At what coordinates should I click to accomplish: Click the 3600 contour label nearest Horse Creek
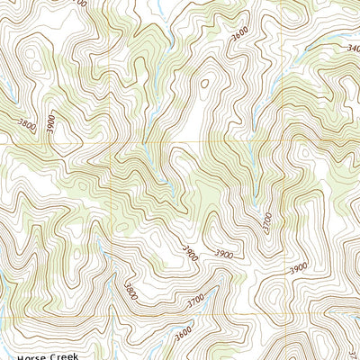tap(184, 332)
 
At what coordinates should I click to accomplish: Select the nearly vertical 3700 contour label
tap(265, 220)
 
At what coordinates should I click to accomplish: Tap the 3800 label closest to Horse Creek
tap(131, 291)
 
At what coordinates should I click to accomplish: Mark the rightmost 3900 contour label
tap(297, 268)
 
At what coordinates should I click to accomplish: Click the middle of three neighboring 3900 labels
tap(224, 255)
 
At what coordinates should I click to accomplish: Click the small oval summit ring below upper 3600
tap(204, 85)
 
